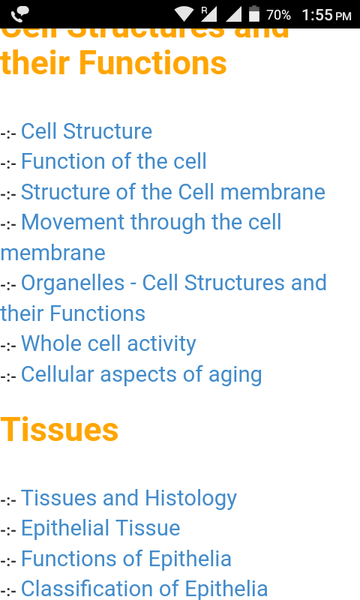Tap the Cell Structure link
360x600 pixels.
[86, 131]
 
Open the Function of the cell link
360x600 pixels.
[113, 161]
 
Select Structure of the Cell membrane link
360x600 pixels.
[172, 191]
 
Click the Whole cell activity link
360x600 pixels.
[108, 343]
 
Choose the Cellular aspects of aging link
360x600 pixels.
[141, 374]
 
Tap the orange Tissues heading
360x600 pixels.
[60, 429]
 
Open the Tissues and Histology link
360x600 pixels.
[128, 497]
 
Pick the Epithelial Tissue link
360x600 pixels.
[100, 527]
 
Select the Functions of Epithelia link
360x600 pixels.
[126, 558]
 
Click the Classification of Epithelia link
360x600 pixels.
[144, 588]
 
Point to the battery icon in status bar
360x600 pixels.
[254, 15]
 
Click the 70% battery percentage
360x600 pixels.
[279, 15]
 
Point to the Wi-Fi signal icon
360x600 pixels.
[183, 15]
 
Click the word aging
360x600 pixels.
[236, 374]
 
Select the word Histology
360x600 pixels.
[191, 497]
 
